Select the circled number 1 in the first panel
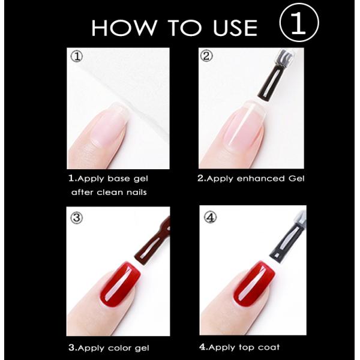point(76,57)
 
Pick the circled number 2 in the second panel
point(208,57)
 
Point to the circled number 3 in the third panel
point(76,218)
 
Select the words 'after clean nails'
point(109,192)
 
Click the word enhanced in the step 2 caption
point(254,178)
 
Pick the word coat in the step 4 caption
point(269,347)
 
